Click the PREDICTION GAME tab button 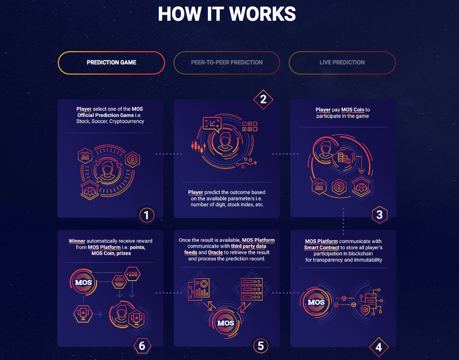pos(111,63)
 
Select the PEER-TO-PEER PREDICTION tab pos(226,63)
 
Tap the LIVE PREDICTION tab pos(342,63)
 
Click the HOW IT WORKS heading pos(227,14)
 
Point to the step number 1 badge pos(147,215)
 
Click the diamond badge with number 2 pos(263,100)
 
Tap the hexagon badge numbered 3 pos(380,215)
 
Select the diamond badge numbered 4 pos(379,347)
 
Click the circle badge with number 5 pos(260,346)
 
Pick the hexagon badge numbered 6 pos(142,346)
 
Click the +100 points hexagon pos(132,274)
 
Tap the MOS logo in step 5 pos(226,323)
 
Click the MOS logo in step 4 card pos(316,302)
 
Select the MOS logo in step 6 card pos(83,282)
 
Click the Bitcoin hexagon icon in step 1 pos(132,159)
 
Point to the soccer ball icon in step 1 pos(90,191)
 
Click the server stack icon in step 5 pos(252,289)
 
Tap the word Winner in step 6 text pos(77,241)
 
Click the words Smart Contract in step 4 pos(321,247)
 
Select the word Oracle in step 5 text pos(215,253)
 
